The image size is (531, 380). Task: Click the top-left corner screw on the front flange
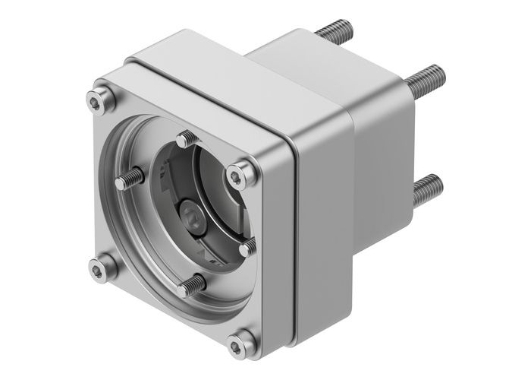pos(95,100)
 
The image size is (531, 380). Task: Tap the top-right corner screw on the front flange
pos(241,176)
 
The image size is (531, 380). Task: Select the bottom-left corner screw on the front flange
pos(102,267)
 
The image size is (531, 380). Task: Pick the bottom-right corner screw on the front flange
pos(241,344)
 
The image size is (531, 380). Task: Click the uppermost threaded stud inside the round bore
pos(188,140)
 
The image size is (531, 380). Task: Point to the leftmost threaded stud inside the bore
pos(130,179)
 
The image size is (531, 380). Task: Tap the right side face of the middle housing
pos(326,228)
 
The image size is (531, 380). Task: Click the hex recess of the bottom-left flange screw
pos(102,268)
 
